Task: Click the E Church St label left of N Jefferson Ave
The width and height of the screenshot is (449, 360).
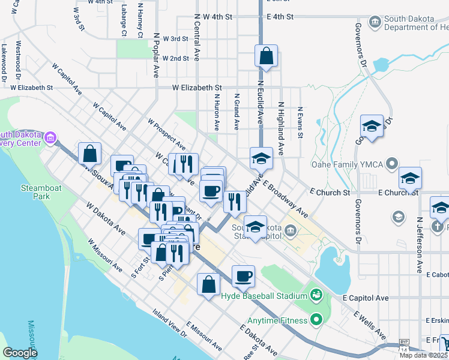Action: click(x=330, y=193)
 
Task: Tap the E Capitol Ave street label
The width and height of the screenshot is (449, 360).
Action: click(x=366, y=298)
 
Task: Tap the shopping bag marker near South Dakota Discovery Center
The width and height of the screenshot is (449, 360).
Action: click(x=89, y=154)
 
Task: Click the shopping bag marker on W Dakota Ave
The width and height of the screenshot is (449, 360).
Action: click(x=208, y=284)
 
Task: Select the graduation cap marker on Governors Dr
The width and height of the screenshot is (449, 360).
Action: click(x=372, y=127)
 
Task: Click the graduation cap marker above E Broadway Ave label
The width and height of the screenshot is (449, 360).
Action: click(x=261, y=158)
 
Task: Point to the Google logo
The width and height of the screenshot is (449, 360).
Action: click(x=20, y=353)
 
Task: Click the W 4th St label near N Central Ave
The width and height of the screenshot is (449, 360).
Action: click(x=217, y=17)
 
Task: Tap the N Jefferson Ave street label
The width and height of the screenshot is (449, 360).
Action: click(x=419, y=229)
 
